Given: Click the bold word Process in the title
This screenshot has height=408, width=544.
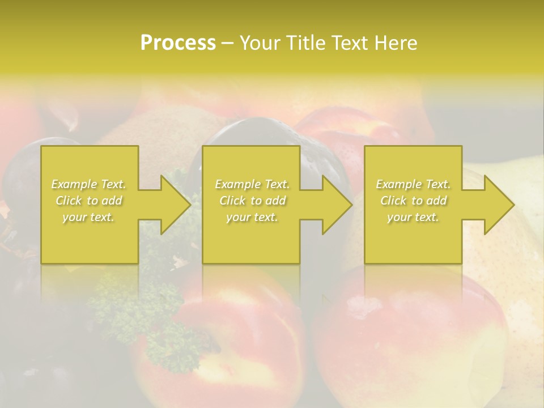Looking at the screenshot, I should tap(178, 43).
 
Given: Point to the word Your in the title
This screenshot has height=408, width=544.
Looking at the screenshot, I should tap(261, 43).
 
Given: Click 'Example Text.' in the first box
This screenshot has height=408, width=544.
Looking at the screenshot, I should tap(89, 184).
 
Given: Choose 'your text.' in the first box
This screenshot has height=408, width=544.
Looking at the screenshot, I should tap(89, 217).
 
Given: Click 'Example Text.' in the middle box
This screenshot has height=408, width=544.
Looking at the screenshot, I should tap(252, 184).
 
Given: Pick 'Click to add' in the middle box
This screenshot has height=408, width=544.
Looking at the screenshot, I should tap(252, 201).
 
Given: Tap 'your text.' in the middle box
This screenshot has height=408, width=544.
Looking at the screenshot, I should tap(252, 217).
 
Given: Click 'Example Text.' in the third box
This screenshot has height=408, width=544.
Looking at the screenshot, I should tap(413, 184).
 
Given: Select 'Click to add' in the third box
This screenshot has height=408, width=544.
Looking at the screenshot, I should tap(413, 201).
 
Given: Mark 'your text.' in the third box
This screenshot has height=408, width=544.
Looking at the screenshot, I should tap(413, 217).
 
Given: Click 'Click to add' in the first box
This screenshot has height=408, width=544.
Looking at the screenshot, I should tap(89, 201).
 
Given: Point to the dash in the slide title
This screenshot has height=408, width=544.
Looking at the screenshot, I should tap(228, 44).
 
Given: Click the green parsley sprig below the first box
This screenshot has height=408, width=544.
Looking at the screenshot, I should tap(142, 306).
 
